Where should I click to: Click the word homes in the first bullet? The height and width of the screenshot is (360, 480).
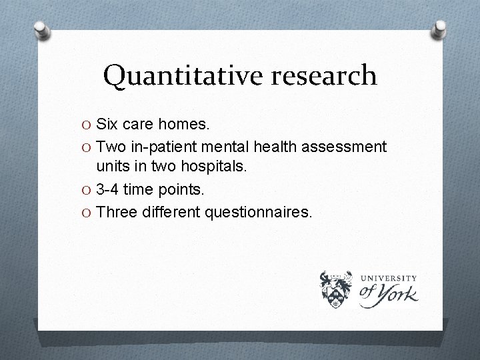[x=184, y=124]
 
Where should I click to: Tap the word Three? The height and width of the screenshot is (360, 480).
[x=116, y=212]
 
